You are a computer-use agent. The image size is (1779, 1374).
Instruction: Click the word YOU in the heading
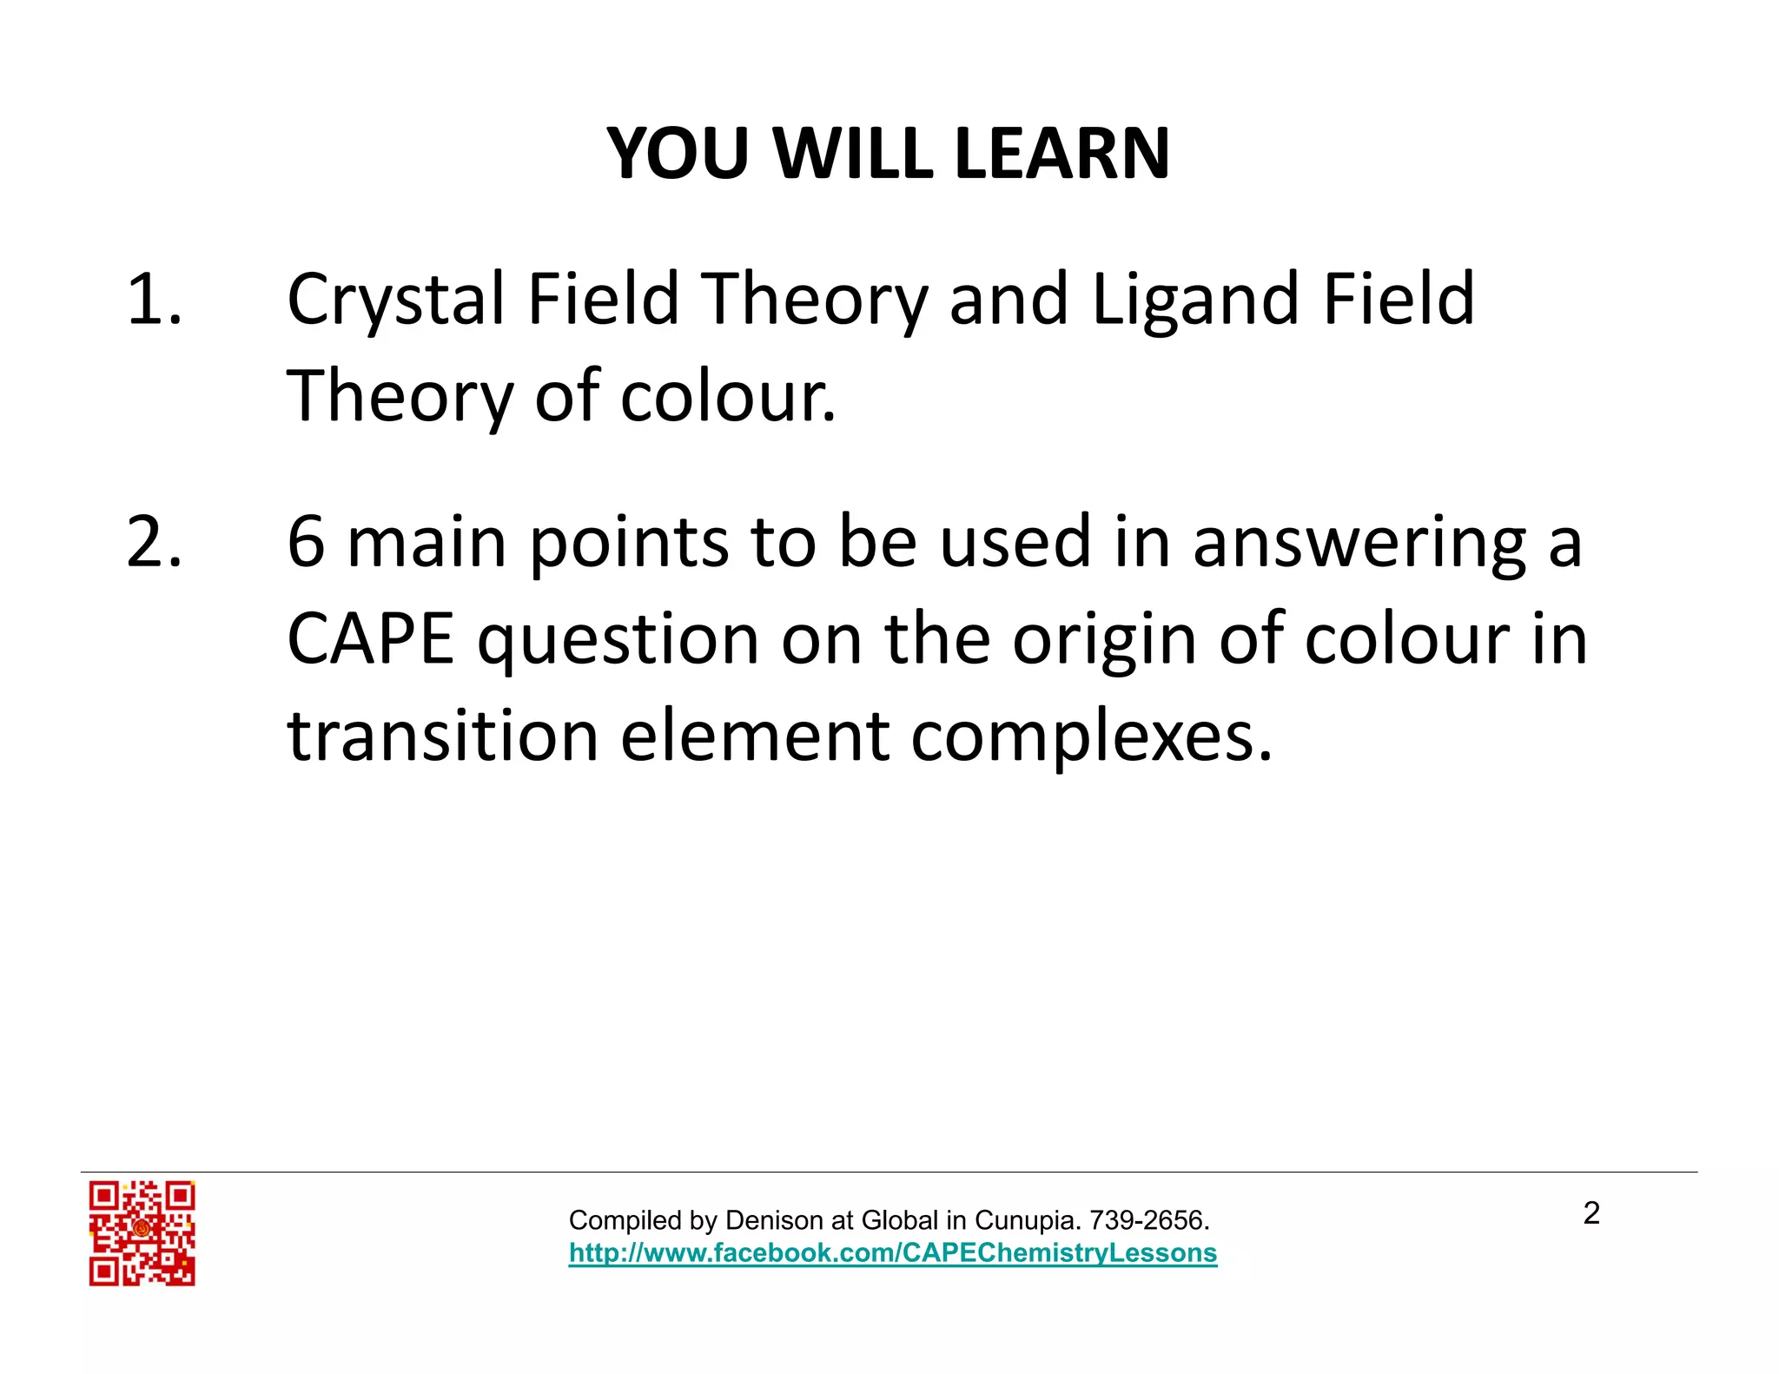tap(677, 154)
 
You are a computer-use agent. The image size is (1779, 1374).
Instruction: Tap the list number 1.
tap(154, 300)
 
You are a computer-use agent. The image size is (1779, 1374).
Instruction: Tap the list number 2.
tap(154, 543)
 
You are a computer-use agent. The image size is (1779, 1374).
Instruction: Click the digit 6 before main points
tap(306, 543)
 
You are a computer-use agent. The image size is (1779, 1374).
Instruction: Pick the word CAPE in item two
tap(371, 639)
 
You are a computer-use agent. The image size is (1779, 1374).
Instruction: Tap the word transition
tap(443, 737)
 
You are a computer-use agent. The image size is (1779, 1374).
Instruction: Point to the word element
tap(755, 737)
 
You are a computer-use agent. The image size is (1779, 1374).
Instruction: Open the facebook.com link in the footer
tap(892, 1253)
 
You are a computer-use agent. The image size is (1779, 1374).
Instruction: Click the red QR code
tap(142, 1232)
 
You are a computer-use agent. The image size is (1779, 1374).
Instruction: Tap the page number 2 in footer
tap(1591, 1213)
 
